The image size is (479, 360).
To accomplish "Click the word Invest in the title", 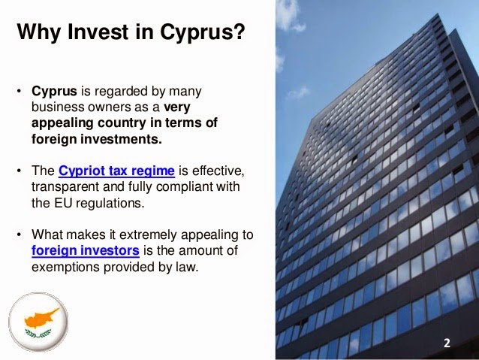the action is tap(98, 32).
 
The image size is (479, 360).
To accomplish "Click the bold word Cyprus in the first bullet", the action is tap(54, 92).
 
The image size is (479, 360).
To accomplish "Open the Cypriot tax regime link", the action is tap(116, 171).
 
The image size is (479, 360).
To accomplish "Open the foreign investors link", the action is tap(86, 251).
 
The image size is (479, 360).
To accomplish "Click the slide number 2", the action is tap(447, 343).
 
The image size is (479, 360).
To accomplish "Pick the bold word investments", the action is tap(121, 139).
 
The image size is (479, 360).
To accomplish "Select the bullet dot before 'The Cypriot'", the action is tap(20, 171).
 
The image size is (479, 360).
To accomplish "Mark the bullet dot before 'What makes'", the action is tap(20, 235).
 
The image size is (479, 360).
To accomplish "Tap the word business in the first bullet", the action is tap(58, 107).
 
